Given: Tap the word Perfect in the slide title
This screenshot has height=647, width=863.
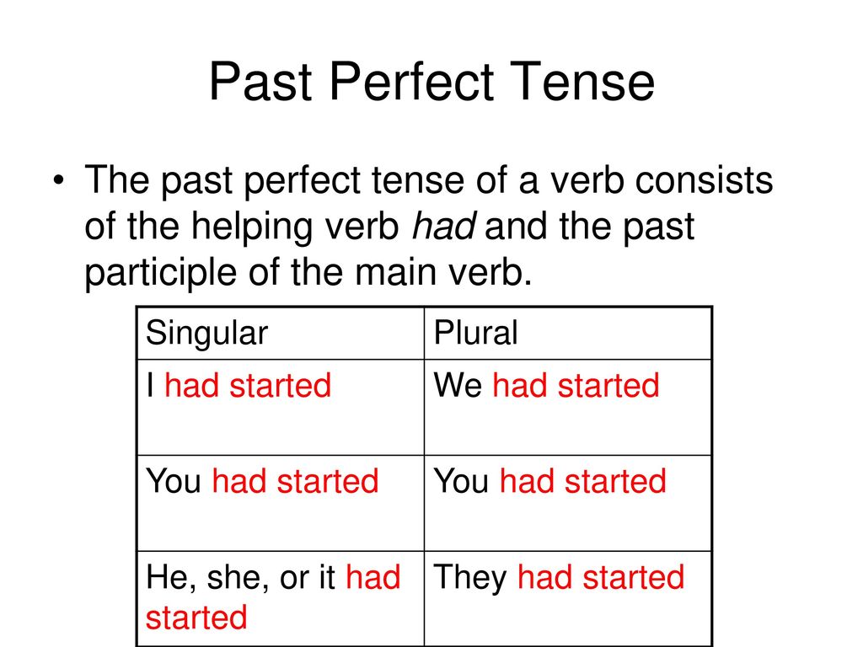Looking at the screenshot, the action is click(x=411, y=82).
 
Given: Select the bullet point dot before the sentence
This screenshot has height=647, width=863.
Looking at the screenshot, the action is click(x=58, y=180).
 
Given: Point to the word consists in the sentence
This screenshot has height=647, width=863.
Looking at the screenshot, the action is click(x=704, y=180).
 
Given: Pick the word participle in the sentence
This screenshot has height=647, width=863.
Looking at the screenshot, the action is click(x=160, y=273).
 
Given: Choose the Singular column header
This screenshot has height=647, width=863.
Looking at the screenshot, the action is click(x=207, y=334).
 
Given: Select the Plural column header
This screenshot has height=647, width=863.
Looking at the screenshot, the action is click(x=475, y=332).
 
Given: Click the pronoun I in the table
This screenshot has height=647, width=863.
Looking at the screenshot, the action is click(x=150, y=385).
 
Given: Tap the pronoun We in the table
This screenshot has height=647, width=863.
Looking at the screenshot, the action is click(x=458, y=385).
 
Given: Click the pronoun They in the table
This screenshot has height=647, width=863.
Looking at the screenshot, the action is click(x=470, y=578).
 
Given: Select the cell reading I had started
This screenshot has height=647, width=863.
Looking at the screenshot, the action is click(x=280, y=407).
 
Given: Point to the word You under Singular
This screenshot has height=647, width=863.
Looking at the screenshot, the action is click(x=174, y=481).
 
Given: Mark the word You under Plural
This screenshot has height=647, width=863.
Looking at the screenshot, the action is click(x=461, y=481).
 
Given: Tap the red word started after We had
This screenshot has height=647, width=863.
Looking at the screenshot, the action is click(x=608, y=385).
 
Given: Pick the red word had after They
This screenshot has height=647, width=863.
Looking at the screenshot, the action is click(x=545, y=578).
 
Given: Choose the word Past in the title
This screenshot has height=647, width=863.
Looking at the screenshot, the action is click(x=261, y=82).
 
